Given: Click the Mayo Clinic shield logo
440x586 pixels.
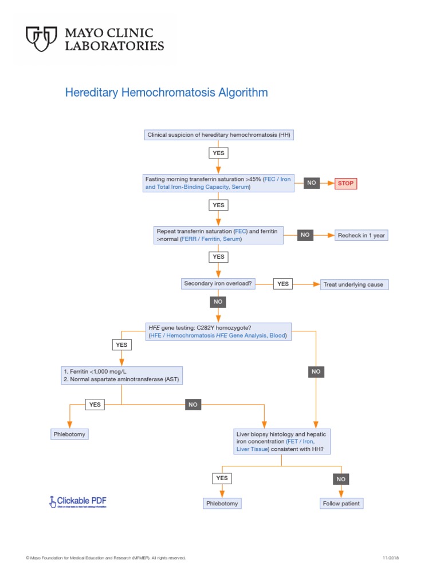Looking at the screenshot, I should [x=41, y=39].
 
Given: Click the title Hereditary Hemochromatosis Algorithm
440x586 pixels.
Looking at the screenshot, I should [x=166, y=92].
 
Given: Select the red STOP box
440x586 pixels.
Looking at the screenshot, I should [x=345, y=183].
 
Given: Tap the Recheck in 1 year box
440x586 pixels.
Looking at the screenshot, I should [x=361, y=235].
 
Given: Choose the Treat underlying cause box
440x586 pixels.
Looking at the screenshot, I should [x=355, y=284].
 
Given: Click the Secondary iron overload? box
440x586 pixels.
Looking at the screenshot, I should [x=218, y=284].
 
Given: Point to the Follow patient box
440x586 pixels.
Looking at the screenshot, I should [x=341, y=504].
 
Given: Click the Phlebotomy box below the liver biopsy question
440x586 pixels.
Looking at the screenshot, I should [x=222, y=504].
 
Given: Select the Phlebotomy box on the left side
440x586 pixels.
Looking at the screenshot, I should [x=69, y=434].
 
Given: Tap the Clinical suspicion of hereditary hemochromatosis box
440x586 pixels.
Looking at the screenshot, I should [x=219, y=135].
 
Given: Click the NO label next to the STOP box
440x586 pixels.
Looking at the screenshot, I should [x=312, y=183].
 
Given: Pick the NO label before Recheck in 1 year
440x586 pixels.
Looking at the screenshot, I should [x=305, y=235].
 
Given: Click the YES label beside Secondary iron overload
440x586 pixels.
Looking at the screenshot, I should [x=283, y=284].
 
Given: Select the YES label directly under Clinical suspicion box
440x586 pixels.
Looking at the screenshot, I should [x=219, y=153].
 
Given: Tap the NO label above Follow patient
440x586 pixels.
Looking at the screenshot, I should [x=341, y=478].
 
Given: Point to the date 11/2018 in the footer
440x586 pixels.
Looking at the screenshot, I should [x=390, y=557].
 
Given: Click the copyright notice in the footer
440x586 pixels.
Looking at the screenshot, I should [x=105, y=557].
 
